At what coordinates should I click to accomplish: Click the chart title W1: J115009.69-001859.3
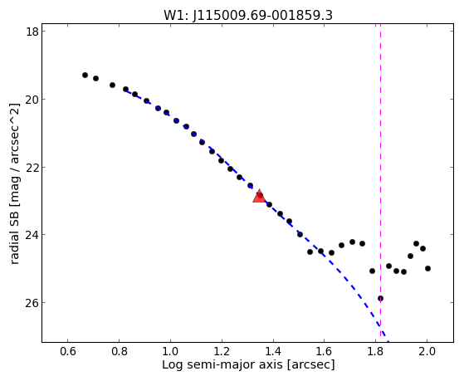pyautogui.click(x=248, y=15)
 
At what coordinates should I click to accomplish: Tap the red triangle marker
pyautogui.click(x=259, y=196)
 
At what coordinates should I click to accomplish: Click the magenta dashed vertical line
pyautogui.click(x=380, y=183)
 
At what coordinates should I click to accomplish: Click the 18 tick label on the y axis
pyautogui.click(x=32, y=31)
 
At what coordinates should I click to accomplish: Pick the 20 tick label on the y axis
pyautogui.click(x=32, y=99)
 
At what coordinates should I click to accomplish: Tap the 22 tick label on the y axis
pyautogui.click(x=32, y=167)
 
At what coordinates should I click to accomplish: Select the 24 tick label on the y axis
pyautogui.click(x=32, y=234)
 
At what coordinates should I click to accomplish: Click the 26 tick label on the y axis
pyautogui.click(x=32, y=302)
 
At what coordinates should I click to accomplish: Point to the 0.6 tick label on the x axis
pyautogui.click(x=68, y=351)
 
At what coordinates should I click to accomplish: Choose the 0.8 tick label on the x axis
pyautogui.click(x=119, y=351)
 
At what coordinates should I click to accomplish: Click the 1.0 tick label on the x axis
pyautogui.click(x=170, y=351)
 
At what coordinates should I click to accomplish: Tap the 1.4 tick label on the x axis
pyautogui.click(x=273, y=351)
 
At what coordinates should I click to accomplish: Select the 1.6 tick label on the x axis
pyautogui.click(x=324, y=351)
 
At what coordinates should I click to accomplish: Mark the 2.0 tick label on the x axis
pyautogui.click(x=427, y=351)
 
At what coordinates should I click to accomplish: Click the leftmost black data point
pyautogui.click(x=85, y=76)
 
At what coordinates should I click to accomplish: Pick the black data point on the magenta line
pyautogui.click(x=380, y=298)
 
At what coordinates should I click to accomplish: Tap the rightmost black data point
pyautogui.click(x=427, y=268)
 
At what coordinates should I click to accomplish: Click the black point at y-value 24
pyautogui.click(x=300, y=234)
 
